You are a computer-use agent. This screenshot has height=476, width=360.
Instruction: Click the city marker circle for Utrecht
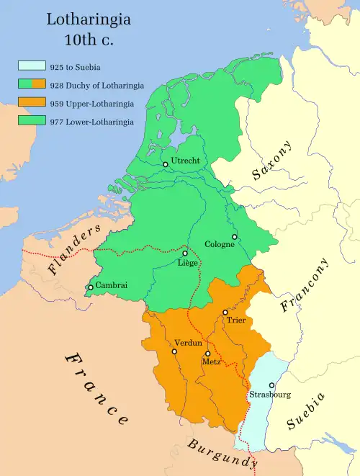[x=166, y=164]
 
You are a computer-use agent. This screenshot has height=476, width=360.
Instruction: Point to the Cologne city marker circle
[x=234, y=236]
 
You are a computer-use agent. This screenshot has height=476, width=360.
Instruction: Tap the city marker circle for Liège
[x=185, y=253]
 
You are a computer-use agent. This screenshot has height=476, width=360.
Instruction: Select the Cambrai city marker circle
[x=90, y=287]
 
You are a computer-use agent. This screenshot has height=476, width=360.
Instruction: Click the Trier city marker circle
[x=225, y=313]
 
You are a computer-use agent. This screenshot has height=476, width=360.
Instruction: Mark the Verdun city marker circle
[x=174, y=351]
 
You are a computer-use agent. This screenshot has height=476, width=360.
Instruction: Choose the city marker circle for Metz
[x=207, y=354]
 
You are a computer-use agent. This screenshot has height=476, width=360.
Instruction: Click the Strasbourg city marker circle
[x=271, y=385]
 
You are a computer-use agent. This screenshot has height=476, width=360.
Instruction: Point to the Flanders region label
[x=74, y=250]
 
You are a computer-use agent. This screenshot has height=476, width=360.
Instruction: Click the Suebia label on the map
[x=306, y=412]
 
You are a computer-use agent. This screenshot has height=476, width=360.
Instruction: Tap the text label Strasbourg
[x=270, y=395]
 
